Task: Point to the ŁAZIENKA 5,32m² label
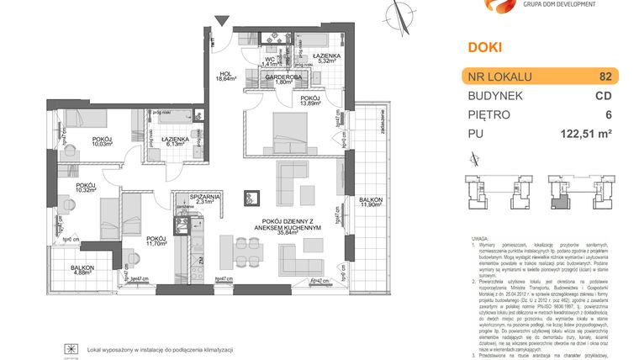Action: (327, 58)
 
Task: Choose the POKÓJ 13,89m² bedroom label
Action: (309, 102)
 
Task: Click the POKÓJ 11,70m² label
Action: (156, 241)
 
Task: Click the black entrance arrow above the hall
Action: (220, 19)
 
